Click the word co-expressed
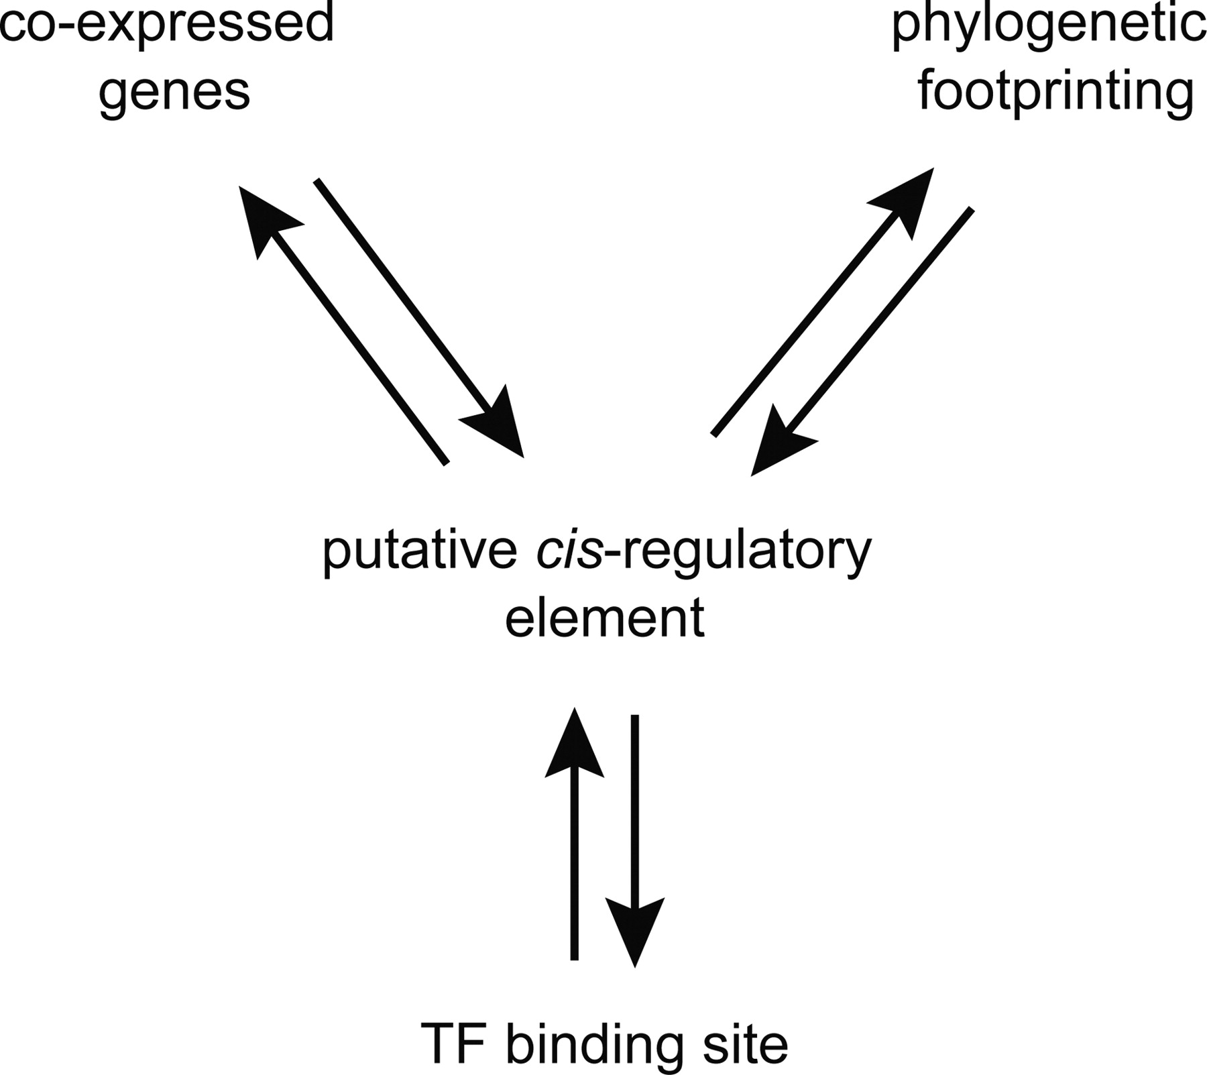tap(166, 23)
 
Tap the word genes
tap(174, 93)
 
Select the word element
tap(604, 617)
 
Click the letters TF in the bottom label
tap(455, 1043)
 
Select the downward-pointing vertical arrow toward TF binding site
tap(635, 838)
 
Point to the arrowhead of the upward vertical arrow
tap(574, 744)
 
